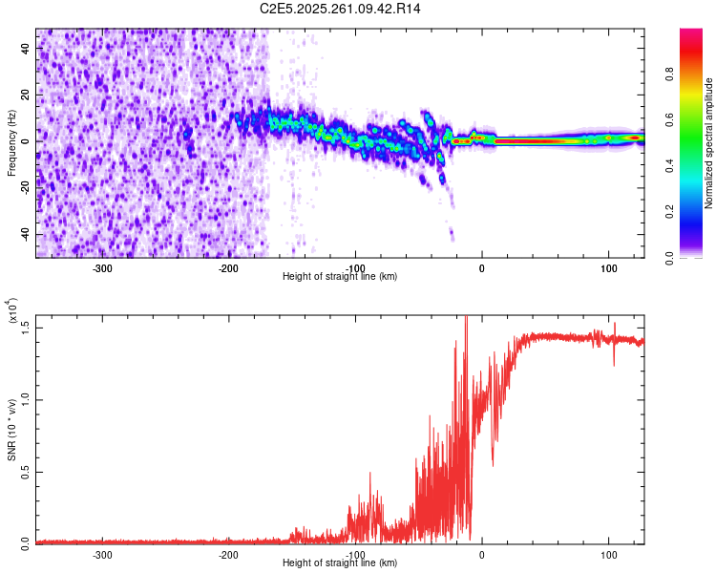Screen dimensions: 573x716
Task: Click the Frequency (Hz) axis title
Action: coord(11,142)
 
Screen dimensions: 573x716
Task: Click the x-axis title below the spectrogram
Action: coord(340,276)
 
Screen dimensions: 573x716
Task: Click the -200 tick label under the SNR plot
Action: coord(228,553)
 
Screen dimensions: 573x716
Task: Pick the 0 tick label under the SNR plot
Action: coord(482,553)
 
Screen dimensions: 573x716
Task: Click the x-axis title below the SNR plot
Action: coord(340,562)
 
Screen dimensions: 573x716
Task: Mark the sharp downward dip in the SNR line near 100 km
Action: coord(614,363)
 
